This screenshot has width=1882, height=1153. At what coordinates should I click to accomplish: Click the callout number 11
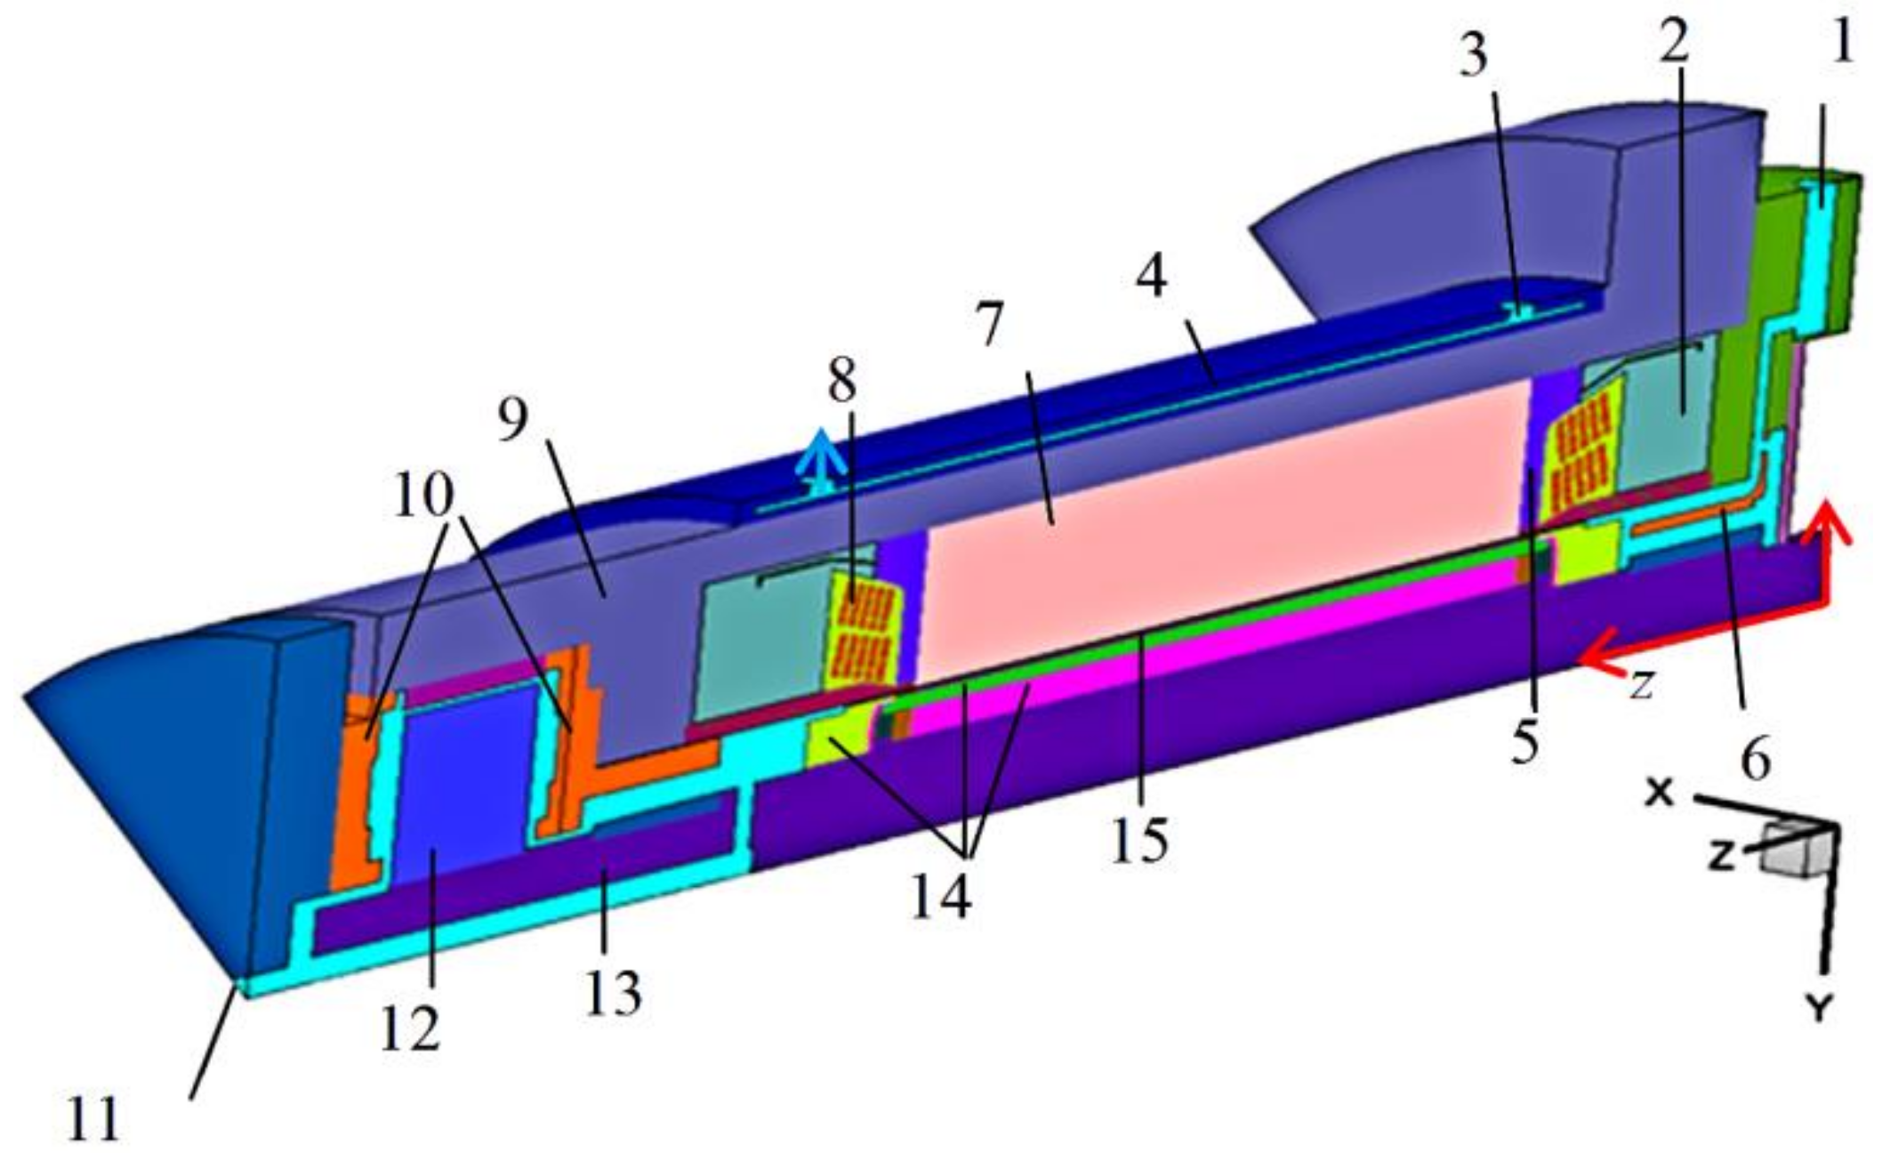point(92,1118)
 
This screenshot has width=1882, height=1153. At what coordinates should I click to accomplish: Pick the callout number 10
point(423,495)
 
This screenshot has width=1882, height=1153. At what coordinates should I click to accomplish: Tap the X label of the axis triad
point(1659,792)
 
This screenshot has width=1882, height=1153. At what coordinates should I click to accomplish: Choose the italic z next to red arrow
point(1641,685)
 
